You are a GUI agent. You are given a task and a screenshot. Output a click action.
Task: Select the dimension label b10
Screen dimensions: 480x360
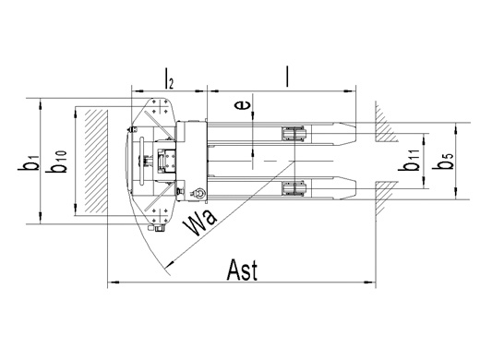tap(56, 162)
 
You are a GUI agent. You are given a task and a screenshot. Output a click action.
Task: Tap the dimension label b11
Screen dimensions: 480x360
tap(409, 160)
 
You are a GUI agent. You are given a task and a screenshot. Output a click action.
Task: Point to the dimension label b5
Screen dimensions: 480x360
tap(443, 161)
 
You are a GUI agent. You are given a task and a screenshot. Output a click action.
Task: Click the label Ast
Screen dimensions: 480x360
tap(242, 270)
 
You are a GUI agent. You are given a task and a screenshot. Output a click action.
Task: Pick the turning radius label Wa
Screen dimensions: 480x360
tap(199, 222)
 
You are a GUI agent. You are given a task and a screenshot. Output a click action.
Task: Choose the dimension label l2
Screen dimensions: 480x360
tap(169, 78)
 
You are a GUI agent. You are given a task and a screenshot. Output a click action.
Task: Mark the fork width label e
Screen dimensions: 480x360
tap(242, 105)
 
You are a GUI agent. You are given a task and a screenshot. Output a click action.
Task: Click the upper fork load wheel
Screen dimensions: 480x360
tap(294, 134)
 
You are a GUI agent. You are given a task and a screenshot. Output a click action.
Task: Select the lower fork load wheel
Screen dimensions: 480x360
tap(294, 188)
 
